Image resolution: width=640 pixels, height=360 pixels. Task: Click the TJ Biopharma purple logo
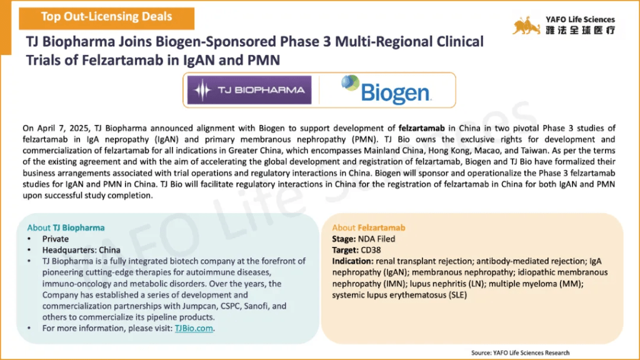pos(250,90)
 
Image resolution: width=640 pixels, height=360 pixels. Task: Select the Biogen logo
pos(386,90)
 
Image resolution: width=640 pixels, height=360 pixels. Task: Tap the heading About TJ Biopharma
pos(66,227)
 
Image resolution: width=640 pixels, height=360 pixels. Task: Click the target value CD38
pos(373,250)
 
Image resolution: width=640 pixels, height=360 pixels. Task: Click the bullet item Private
pos(56,239)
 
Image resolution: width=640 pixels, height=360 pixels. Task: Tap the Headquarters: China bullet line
pos(81,250)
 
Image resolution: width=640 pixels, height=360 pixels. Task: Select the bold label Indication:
pos(353,261)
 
